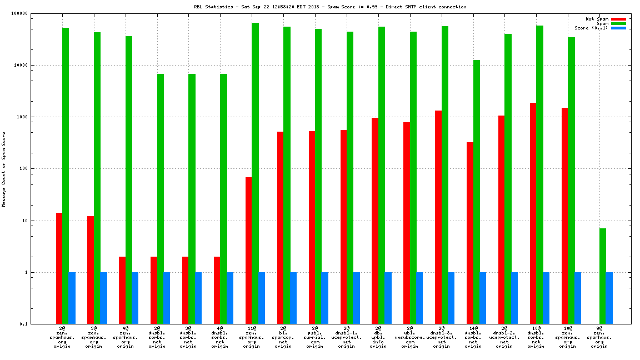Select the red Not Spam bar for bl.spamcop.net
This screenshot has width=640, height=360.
pos(280,228)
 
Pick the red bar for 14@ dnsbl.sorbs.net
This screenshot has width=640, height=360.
pos(470,233)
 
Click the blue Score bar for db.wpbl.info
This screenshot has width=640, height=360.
pos(388,298)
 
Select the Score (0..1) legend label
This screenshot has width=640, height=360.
pos(591,28)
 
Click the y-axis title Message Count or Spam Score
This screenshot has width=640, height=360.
pos(4,169)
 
